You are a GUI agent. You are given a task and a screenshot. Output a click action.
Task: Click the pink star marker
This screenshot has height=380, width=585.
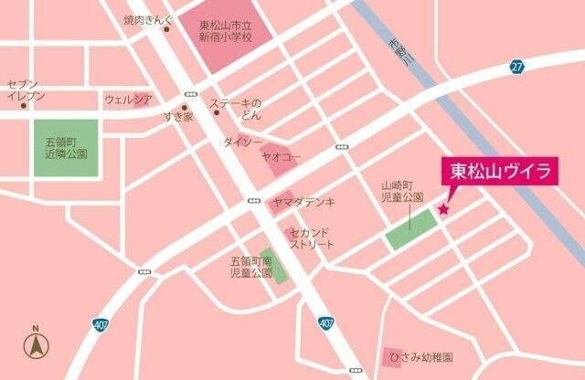[x=443, y=210]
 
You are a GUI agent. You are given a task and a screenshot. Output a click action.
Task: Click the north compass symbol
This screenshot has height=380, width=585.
[x=36, y=345]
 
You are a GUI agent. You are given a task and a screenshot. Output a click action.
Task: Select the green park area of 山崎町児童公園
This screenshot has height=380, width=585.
[x=410, y=229]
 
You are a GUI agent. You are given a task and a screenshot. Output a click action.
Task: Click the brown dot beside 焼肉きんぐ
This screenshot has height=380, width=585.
[x=166, y=28]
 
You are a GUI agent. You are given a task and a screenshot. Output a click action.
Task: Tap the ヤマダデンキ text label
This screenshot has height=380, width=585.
[x=303, y=202]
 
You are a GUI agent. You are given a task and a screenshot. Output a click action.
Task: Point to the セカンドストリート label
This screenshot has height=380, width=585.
[x=312, y=238]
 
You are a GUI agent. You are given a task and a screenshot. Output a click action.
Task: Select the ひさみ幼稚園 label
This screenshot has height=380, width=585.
[x=420, y=357]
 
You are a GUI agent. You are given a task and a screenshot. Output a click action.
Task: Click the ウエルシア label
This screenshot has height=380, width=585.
[x=126, y=99]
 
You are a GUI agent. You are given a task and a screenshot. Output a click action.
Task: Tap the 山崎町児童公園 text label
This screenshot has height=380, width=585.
[x=402, y=191]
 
